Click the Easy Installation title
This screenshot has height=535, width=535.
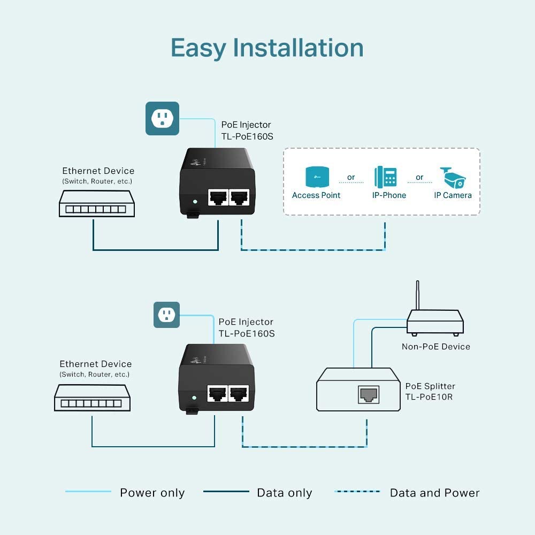pos(267,48)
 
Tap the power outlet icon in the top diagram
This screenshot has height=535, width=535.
pos(162,118)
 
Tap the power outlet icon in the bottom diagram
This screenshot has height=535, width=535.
pos(166,315)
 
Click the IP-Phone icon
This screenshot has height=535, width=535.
pos(385,177)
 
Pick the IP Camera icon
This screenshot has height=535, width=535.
pos(453,177)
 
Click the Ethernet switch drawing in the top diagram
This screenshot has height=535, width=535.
pos(96,203)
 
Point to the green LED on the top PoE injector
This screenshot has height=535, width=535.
pos(195,202)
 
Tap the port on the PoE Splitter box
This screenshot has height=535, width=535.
pos(368,395)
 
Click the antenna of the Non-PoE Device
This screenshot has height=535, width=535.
pos(417,295)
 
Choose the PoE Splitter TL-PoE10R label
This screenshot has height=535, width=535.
pos(430,391)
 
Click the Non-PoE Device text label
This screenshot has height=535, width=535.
pos(435,347)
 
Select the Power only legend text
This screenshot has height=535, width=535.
pos(152,493)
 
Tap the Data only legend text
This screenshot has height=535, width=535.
pos(284,493)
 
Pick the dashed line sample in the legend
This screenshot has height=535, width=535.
pos(357,492)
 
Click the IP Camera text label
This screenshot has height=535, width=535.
pos(453,195)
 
